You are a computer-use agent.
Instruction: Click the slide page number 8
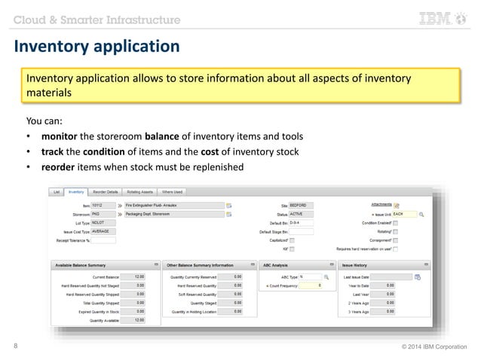tap(17, 346)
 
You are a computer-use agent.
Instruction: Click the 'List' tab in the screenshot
tap(56, 192)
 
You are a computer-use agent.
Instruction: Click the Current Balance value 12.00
tap(136, 276)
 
